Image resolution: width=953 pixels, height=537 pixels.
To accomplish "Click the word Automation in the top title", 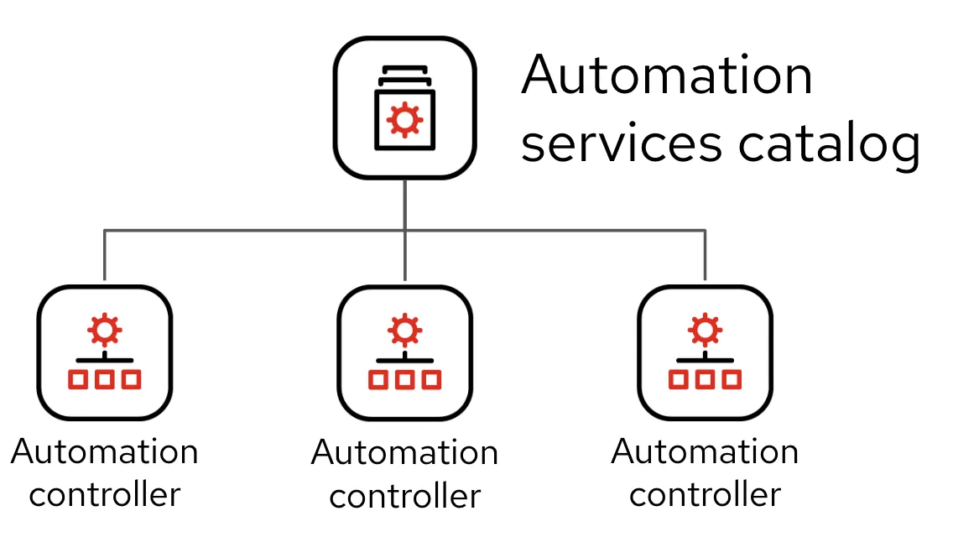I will tap(667, 76).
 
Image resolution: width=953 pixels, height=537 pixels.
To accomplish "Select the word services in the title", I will tap(621, 143).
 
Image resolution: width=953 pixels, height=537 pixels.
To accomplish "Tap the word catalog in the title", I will tap(829, 145).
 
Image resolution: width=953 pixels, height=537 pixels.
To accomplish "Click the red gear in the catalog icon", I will tap(404, 119).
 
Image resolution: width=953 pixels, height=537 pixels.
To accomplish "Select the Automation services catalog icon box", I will tap(404, 107).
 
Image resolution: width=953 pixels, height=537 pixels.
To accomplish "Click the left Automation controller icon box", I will tap(105, 352).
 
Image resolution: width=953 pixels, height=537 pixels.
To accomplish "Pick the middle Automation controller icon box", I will tap(404, 352).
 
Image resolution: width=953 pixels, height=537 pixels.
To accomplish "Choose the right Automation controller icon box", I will tap(705, 352).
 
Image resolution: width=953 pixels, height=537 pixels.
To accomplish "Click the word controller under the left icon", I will tap(105, 494).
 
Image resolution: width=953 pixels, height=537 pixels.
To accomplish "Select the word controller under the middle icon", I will tap(404, 496).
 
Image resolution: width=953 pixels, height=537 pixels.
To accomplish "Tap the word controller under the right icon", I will tap(705, 494).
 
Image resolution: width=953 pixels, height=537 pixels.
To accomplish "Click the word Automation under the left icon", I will tap(105, 452).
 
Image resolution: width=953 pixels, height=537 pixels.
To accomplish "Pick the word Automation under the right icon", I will tap(705, 452).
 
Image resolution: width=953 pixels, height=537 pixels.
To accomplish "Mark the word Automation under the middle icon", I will tap(404, 454).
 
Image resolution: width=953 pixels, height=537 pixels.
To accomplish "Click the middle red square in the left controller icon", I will tap(105, 379).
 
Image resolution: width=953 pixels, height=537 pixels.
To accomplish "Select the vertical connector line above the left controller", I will tap(105, 256).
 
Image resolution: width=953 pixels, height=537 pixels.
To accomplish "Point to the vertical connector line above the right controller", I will tap(705, 256).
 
